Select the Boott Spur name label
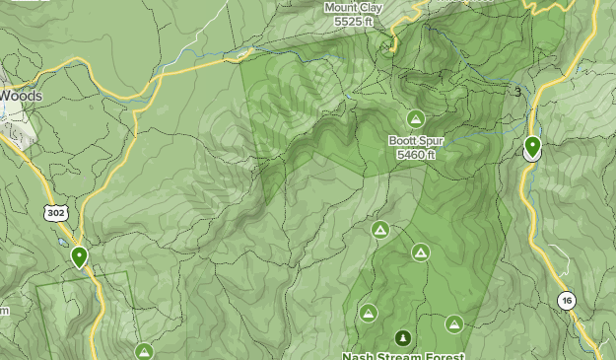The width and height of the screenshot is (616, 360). [x=415, y=141]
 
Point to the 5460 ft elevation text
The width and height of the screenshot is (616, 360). [x=415, y=155]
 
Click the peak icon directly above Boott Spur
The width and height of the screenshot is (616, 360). [x=416, y=119]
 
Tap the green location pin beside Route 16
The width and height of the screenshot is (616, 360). [x=532, y=147]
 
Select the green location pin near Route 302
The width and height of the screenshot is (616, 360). [x=79, y=257]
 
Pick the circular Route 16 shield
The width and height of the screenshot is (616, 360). [x=566, y=301]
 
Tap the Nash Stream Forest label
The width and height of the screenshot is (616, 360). [x=402, y=355]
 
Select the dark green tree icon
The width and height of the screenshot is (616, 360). [x=402, y=338]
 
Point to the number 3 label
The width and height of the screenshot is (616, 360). [x=517, y=93]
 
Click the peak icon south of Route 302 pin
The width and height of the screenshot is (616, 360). [x=144, y=351]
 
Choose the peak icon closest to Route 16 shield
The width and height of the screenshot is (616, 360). [x=453, y=324]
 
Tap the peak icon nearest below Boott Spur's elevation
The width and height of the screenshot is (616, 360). [x=379, y=230]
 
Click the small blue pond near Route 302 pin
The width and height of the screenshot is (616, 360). [x=61, y=242]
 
